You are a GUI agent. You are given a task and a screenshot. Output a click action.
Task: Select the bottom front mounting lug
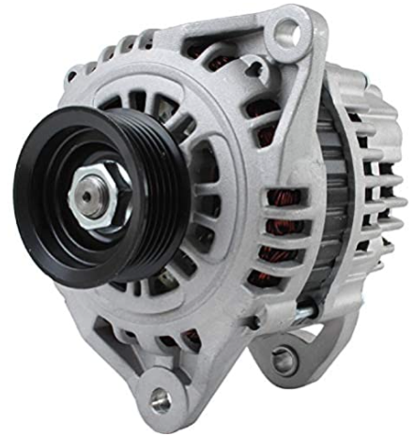pyautogui.click(x=160, y=389)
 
